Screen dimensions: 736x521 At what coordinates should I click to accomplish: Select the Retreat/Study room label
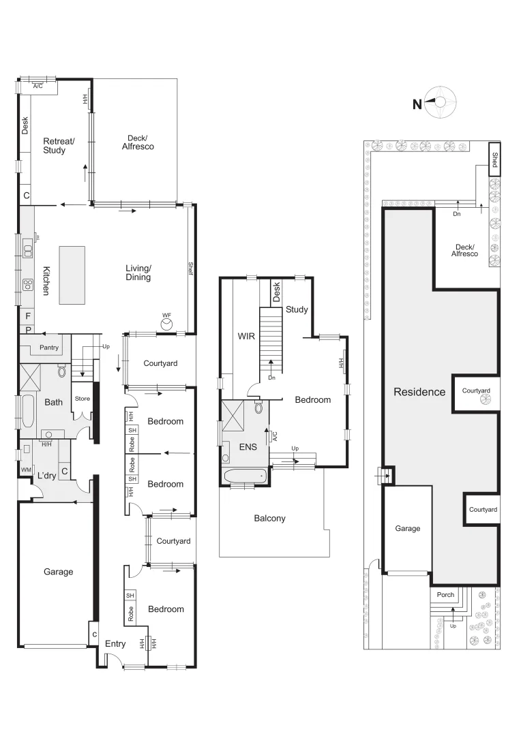coord(55,146)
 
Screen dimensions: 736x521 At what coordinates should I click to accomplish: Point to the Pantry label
coord(48,348)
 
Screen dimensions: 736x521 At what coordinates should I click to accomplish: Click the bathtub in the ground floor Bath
coord(28,410)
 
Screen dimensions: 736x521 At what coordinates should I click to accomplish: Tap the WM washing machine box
coord(26,470)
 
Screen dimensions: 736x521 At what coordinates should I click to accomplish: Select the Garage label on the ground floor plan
coord(58,572)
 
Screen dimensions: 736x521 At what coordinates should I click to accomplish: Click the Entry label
coord(115,643)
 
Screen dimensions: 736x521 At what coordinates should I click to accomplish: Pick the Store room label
coord(82,399)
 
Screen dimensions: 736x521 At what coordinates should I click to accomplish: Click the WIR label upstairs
coord(245,336)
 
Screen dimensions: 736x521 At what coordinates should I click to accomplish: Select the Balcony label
coord(269,519)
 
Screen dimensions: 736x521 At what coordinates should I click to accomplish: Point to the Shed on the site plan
coord(494,159)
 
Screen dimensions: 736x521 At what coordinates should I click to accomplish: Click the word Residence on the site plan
coord(419,392)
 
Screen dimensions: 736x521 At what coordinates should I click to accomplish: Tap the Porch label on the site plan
coord(445,595)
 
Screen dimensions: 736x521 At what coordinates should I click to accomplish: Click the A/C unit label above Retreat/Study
coord(38,86)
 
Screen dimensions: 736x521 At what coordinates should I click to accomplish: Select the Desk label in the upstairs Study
coord(276,292)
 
